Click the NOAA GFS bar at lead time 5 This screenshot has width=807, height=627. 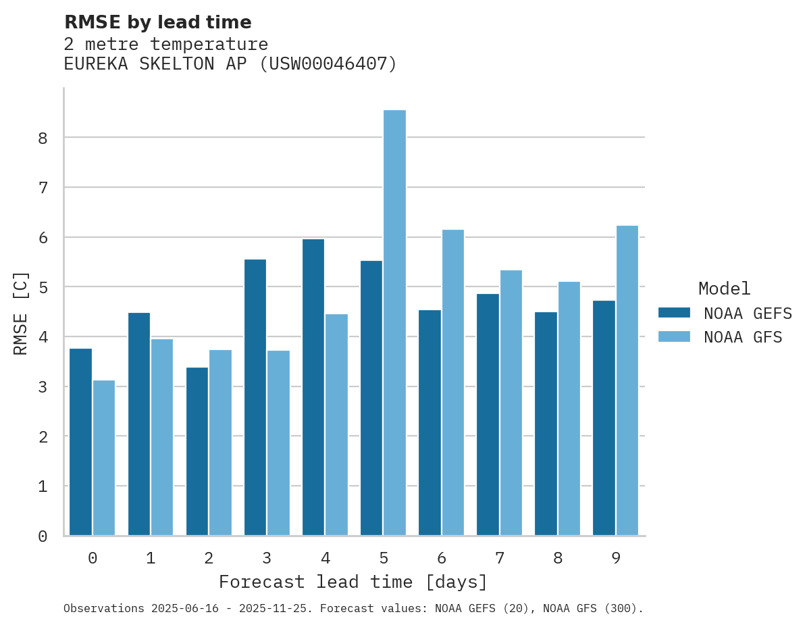[x=394, y=323]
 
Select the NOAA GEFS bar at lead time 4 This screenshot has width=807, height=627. [x=313, y=387]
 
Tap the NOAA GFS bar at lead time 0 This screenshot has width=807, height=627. [x=104, y=458]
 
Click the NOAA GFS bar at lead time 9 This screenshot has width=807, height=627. [x=627, y=380]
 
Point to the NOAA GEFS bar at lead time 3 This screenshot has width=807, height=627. [x=255, y=397]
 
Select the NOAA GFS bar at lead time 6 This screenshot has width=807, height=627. [x=452, y=382]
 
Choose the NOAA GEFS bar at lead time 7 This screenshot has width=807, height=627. [x=488, y=415]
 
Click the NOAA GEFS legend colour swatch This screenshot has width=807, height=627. [x=674, y=313]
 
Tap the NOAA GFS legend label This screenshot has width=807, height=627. [x=743, y=337]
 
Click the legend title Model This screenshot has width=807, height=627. [x=724, y=289]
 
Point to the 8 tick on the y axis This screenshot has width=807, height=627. [x=43, y=138]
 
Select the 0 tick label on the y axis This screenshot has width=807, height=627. [x=43, y=536]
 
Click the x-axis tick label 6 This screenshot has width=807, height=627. [x=442, y=558]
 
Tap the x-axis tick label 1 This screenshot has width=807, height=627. [x=151, y=558]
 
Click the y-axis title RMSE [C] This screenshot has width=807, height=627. [x=21, y=313]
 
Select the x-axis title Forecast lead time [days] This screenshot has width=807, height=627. [x=353, y=582]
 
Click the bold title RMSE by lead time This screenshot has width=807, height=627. [x=157, y=22]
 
